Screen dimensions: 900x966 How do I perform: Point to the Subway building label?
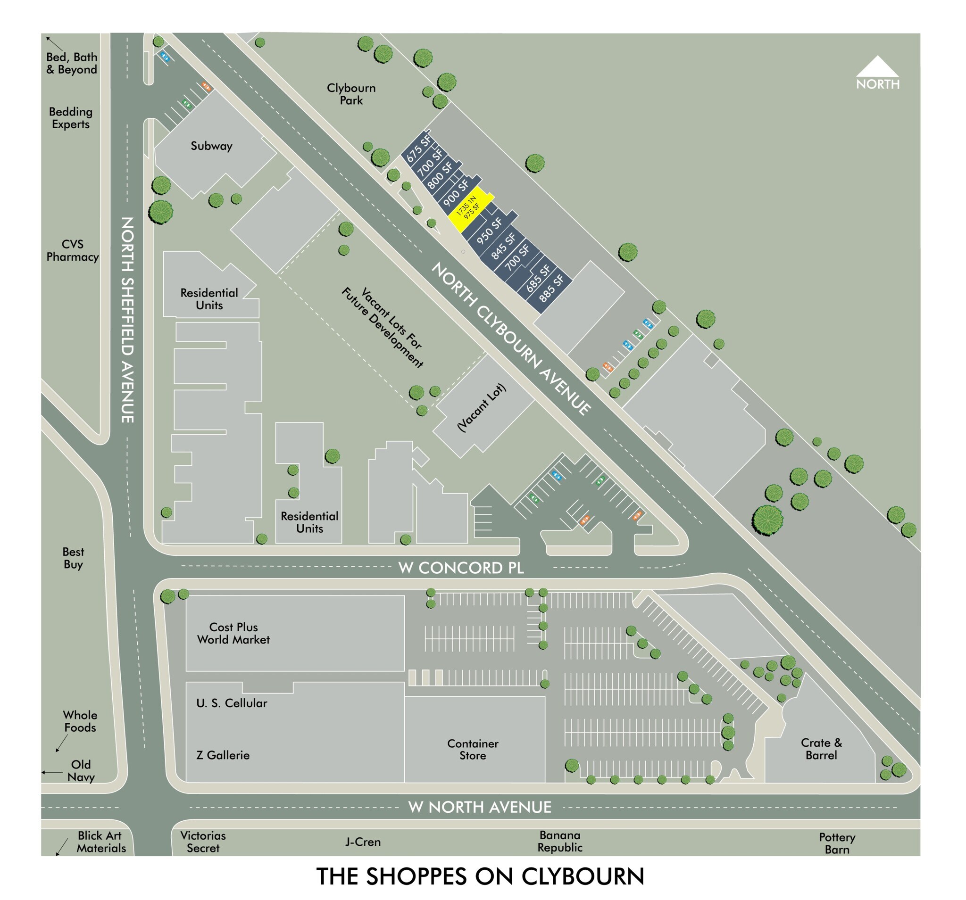pyautogui.click(x=211, y=146)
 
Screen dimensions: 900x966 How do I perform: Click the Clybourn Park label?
pyautogui.click(x=351, y=94)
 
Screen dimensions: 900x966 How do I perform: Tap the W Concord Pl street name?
pyautogui.click(x=461, y=568)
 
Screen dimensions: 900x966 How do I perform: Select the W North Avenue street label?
pyautogui.click(x=480, y=807)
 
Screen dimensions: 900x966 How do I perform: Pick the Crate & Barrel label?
pyautogui.click(x=821, y=749)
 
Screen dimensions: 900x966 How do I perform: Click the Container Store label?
pyautogui.click(x=472, y=750)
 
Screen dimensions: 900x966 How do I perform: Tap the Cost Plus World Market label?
pyautogui.click(x=233, y=633)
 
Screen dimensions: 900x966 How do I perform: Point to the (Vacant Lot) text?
pyautogui.click(x=482, y=407)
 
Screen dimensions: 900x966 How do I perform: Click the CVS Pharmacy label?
pyautogui.click(x=72, y=251)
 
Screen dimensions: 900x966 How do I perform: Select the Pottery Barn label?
pyautogui.click(x=837, y=843)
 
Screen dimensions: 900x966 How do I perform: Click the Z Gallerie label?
pyautogui.click(x=223, y=755)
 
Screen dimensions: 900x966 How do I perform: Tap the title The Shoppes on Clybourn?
pyautogui.click(x=480, y=876)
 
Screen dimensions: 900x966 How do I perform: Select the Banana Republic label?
pyautogui.click(x=560, y=841)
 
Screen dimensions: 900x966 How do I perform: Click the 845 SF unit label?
pyautogui.click(x=503, y=246)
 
